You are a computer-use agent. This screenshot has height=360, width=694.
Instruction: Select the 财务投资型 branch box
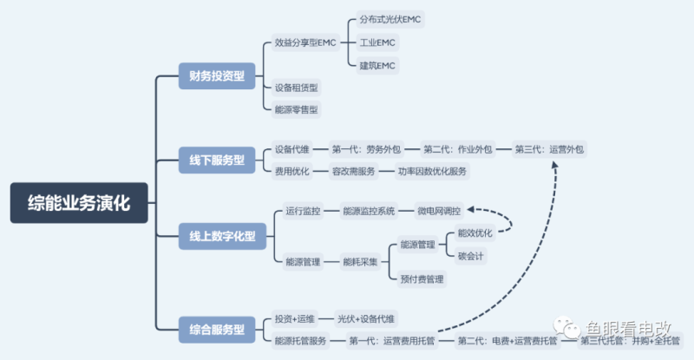(216, 75)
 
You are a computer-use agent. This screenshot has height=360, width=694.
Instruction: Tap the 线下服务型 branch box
(216, 160)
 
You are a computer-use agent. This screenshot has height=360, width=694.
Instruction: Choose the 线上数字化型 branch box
(222, 235)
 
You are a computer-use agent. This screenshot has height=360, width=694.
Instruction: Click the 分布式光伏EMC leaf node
(391, 19)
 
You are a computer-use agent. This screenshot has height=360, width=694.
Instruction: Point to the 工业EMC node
(379, 42)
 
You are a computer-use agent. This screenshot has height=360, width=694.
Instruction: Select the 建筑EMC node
(379, 65)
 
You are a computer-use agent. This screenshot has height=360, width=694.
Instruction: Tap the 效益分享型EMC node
(304, 42)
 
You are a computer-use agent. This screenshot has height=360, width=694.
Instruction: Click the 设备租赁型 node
(296, 88)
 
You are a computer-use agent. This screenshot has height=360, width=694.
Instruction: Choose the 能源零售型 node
(296, 108)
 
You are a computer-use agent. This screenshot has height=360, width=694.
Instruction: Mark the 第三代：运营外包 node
(549, 149)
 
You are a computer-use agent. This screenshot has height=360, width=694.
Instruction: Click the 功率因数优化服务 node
(433, 171)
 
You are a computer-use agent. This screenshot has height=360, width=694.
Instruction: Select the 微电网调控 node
(440, 211)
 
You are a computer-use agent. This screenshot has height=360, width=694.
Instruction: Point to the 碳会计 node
(471, 255)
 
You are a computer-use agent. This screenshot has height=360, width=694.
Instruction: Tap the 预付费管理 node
(422, 278)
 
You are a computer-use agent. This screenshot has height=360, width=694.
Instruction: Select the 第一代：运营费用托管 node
(391, 341)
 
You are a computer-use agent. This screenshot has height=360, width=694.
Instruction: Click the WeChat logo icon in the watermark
(570, 331)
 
